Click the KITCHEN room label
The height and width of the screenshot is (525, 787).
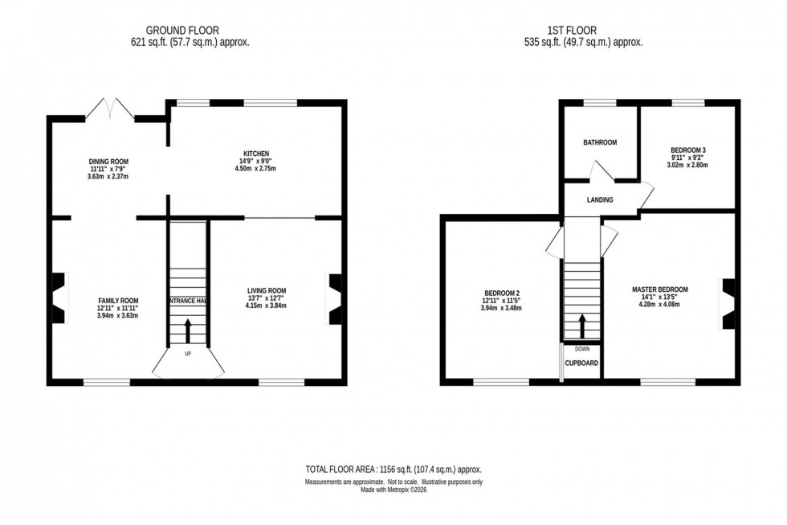click(256, 154)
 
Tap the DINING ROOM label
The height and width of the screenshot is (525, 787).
click(108, 162)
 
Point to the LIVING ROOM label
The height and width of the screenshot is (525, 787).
click(267, 290)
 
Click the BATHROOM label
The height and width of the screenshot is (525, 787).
click(599, 142)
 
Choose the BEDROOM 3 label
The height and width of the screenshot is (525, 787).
click(687, 150)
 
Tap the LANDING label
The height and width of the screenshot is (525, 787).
click(599, 199)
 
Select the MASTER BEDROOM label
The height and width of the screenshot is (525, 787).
click(659, 289)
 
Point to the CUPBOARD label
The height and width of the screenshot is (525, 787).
click(581, 363)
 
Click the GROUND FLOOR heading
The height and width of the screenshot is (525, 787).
click(189, 31)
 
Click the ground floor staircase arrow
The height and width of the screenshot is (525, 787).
click(188, 329)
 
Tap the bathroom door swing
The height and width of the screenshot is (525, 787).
click(601, 172)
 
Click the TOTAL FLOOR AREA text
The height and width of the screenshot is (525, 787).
click(393, 469)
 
